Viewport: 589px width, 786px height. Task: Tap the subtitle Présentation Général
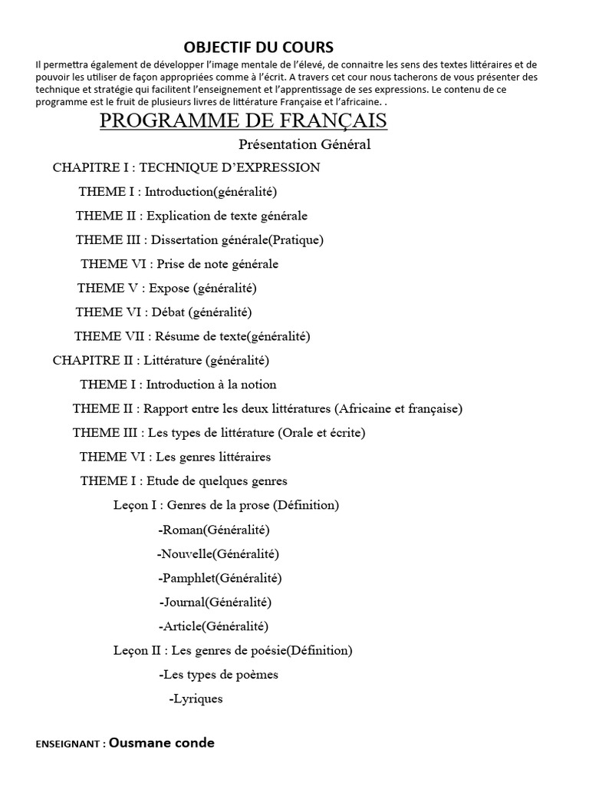click(x=304, y=144)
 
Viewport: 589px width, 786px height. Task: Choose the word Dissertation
click(x=183, y=239)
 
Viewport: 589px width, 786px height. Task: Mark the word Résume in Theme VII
click(x=177, y=335)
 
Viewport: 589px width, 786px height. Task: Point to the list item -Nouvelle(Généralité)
click(x=218, y=553)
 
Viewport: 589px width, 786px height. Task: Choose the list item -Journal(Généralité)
click(x=216, y=602)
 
